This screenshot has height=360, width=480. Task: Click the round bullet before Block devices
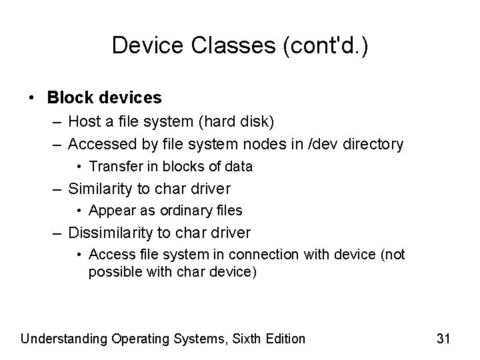[x=33, y=97]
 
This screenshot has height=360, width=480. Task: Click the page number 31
[x=444, y=339]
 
